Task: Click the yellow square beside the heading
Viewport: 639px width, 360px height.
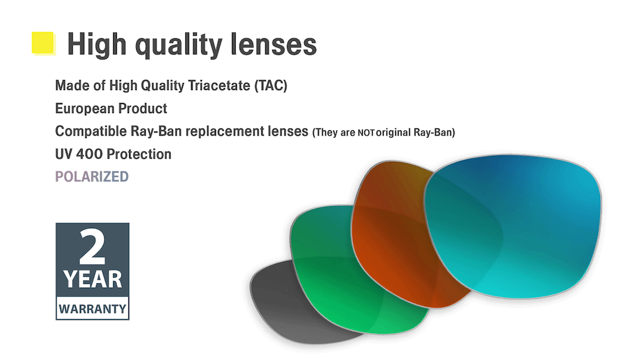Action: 43,43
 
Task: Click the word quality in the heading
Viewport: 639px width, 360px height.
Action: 179,45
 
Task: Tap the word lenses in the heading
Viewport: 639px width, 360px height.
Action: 273,43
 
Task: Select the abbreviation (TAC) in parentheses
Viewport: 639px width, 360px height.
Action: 270,86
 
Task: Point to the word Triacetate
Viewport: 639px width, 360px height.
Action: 219,85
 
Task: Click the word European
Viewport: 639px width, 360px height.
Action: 85,109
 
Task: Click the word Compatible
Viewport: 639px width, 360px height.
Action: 91,131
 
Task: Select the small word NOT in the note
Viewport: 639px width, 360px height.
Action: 366,133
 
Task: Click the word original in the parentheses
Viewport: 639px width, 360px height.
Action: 394,132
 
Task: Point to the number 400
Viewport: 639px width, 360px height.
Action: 89,154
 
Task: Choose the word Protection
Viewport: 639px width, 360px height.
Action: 139,154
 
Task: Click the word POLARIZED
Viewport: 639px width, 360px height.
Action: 92,176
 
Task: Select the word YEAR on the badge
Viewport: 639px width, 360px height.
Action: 93,279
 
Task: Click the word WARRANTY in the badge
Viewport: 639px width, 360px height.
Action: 93,309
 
